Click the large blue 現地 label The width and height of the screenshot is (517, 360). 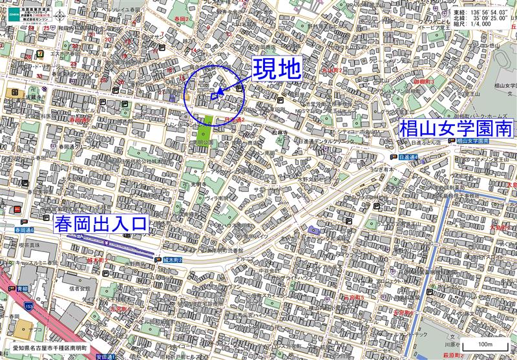[x=276, y=69]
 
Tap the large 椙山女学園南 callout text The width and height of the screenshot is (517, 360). [x=456, y=129]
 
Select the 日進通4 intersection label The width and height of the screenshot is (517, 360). [x=409, y=156]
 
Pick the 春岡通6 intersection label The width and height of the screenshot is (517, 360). [x=23, y=229]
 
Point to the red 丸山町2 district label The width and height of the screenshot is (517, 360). [x=332, y=70]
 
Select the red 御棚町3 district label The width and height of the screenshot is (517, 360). [x=424, y=83]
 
